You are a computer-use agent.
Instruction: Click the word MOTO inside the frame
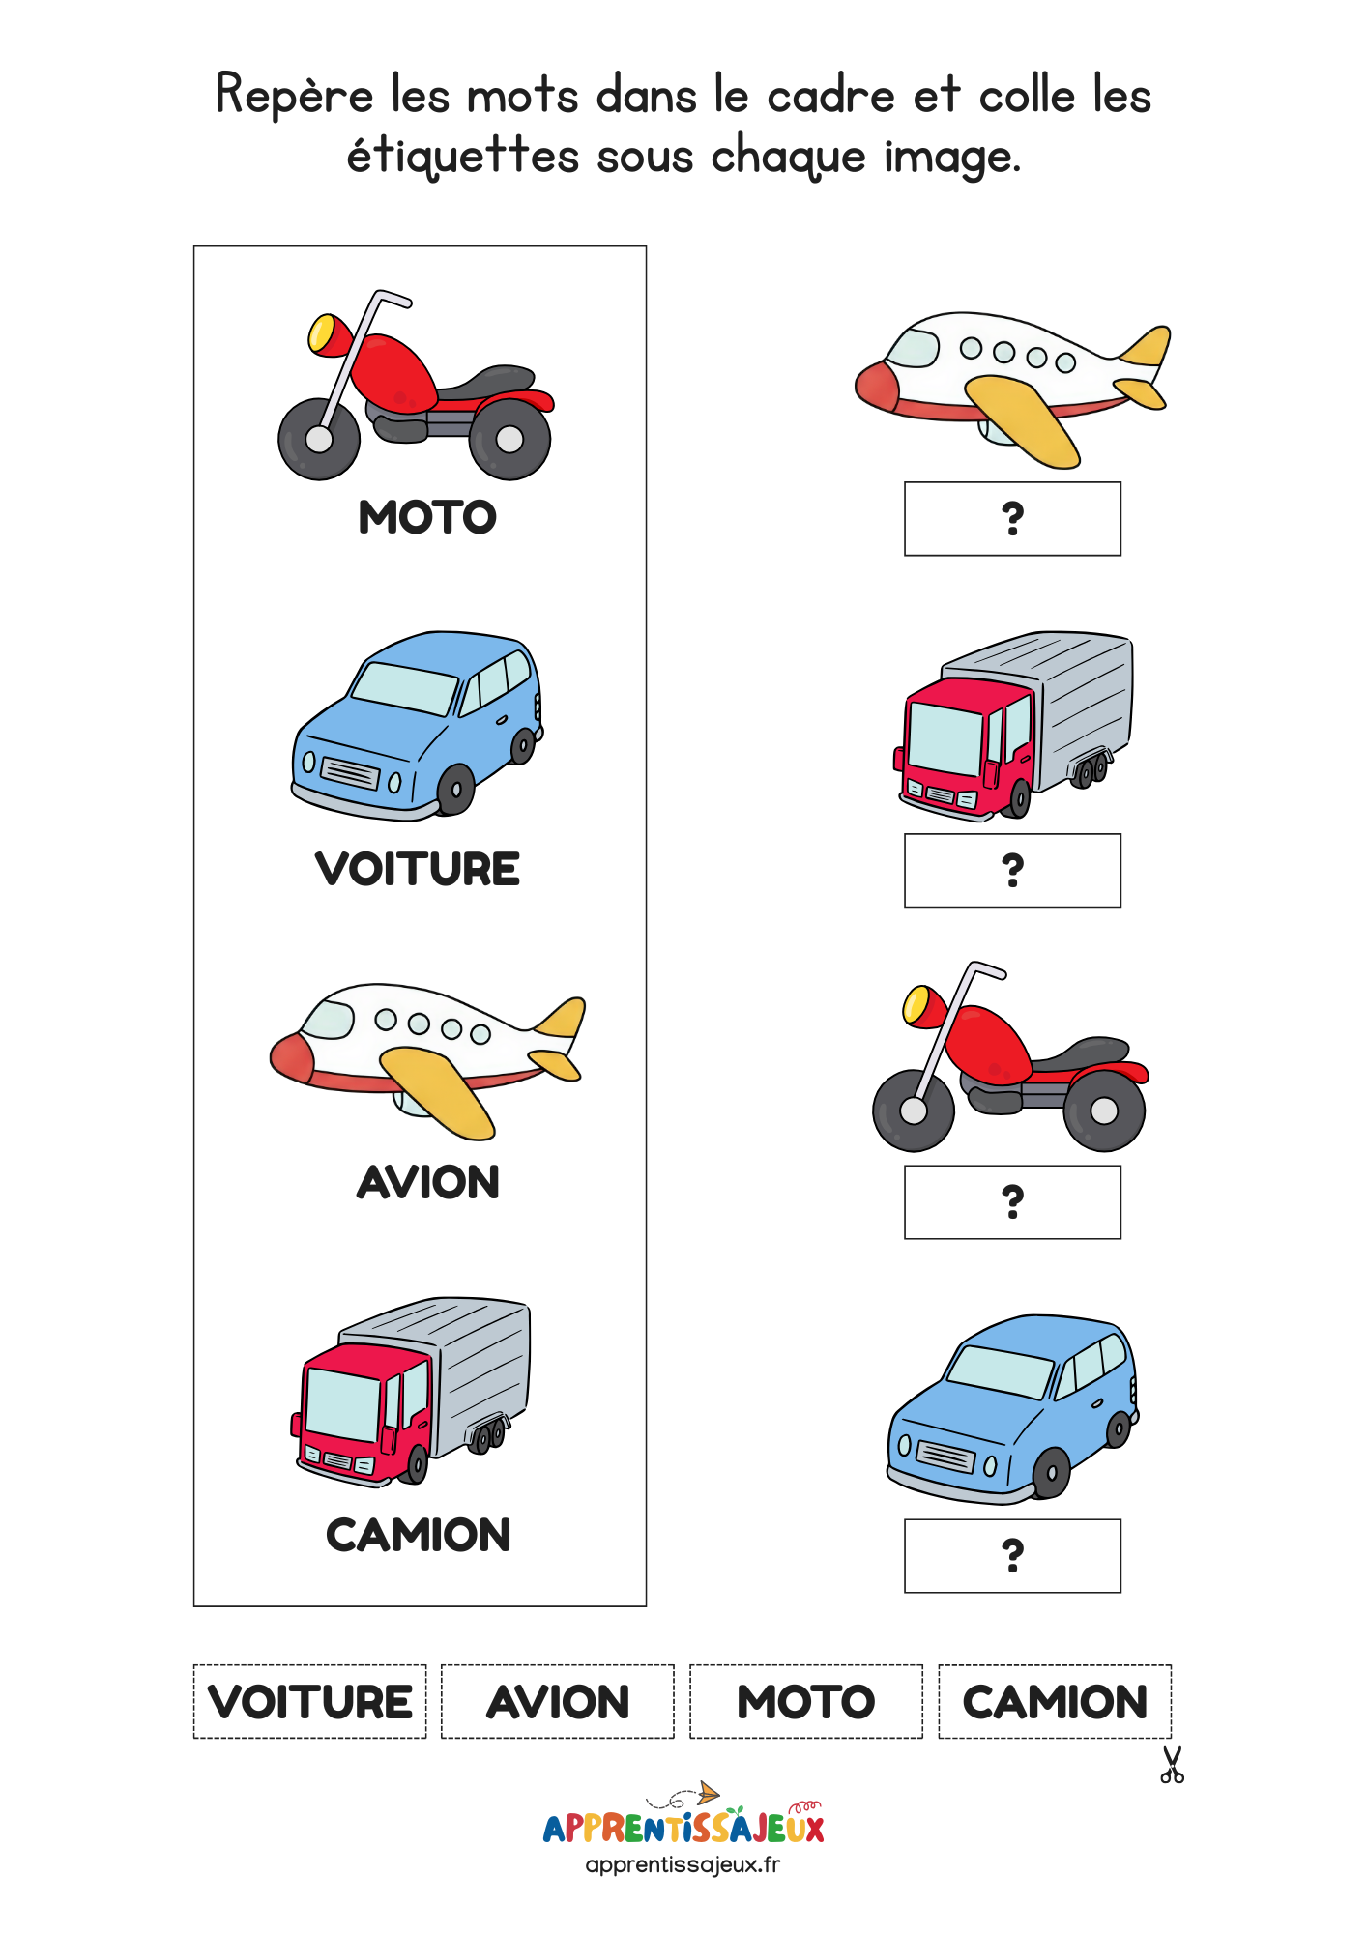[x=427, y=517]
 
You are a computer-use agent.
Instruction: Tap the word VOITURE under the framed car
[x=418, y=869]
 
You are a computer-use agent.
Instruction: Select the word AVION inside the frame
[x=428, y=1182]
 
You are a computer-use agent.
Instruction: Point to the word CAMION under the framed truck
[x=419, y=1535]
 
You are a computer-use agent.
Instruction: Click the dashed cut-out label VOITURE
[x=309, y=1702]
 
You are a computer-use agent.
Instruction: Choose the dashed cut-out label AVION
[x=558, y=1702]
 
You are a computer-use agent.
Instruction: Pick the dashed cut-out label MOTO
[x=806, y=1702]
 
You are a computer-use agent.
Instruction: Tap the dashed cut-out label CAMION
[x=1055, y=1702]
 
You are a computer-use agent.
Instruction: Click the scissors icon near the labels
[x=1172, y=1765]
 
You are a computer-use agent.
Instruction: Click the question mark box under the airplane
[x=1012, y=519]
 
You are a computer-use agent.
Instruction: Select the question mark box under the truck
[x=1012, y=871]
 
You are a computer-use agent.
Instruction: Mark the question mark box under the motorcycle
[x=1012, y=1202]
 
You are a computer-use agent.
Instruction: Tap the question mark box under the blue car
[x=1012, y=1556]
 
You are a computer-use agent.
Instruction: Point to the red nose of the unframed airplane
[x=877, y=387]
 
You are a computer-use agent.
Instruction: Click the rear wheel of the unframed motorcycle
[x=1104, y=1111]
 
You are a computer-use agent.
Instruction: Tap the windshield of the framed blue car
[x=403, y=688]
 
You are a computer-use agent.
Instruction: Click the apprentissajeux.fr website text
[x=683, y=1865]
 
